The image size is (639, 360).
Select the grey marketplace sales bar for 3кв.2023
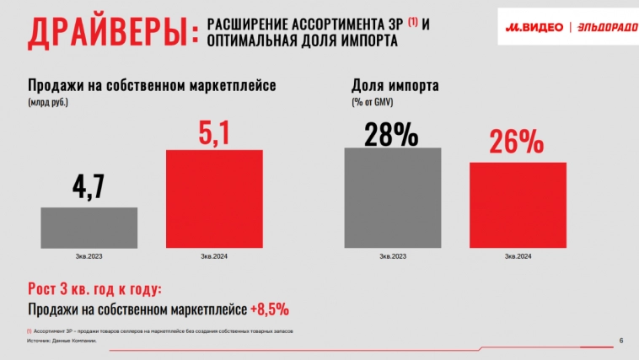tap(89, 228)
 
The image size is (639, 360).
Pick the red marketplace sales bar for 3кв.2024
tap(214, 198)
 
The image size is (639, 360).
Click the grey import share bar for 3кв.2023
tap(393, 197)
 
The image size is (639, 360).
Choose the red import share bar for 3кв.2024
tap(518, 205)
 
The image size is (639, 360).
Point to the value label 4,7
tap(88, 185)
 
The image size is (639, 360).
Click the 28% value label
tap(392, 134)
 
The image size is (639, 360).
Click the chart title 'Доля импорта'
tap(395, 85)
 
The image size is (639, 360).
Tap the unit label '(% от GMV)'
tap(373, 102)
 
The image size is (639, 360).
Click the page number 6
tap(621, 341)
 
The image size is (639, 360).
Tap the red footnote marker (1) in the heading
tap(412, 20)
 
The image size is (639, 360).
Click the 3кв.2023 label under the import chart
tap(394, 256)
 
